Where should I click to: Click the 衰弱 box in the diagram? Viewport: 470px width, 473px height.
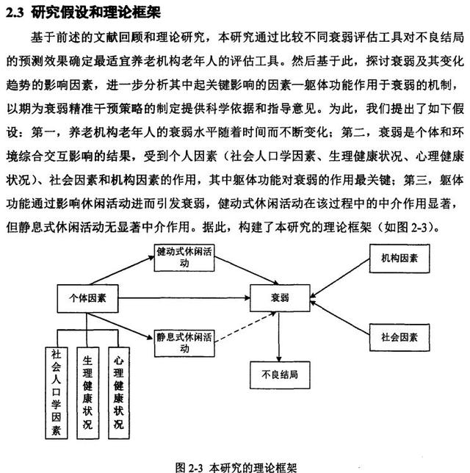click(x=280, y=298)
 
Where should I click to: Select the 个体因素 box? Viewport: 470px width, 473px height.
click(x=87, y=298)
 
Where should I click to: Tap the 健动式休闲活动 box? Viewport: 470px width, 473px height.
click(x=184, y=258)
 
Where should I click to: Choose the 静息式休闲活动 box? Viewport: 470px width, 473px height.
click(x=184, y=343)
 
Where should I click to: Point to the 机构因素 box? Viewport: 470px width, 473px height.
click(x=399, y=259)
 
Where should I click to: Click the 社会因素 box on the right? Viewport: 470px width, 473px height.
click(x=399, y=337)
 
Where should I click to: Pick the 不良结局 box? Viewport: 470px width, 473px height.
click(x=280, y=375)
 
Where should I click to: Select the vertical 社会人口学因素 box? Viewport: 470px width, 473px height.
click(x=57, y=393)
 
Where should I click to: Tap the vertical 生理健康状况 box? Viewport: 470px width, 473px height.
click(x=88, y=393)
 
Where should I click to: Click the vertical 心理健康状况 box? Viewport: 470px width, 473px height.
click(x=119, y=393)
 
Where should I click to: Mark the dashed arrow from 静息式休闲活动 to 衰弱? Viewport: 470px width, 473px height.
click(x=245, y=328)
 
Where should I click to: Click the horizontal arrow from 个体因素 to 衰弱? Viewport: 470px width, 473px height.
click(x=184, y=298)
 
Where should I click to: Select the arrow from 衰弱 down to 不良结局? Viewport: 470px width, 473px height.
click(x=279, y=336)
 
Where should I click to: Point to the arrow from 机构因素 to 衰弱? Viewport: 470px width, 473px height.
click(x=340, y=278)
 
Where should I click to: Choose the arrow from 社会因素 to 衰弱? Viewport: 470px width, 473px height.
click(x=340, y=317)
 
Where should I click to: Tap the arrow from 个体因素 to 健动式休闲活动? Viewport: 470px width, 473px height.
click(x=122, y=270)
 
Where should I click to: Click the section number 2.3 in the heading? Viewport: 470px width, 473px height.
click(x=15, y=12)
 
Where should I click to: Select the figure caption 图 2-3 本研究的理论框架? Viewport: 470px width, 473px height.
click(x=236, y=467)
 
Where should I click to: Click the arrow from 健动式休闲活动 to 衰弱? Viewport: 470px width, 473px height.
click(x=247, y=270)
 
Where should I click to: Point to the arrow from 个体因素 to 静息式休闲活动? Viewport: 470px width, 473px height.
click(x=120, y=326)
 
